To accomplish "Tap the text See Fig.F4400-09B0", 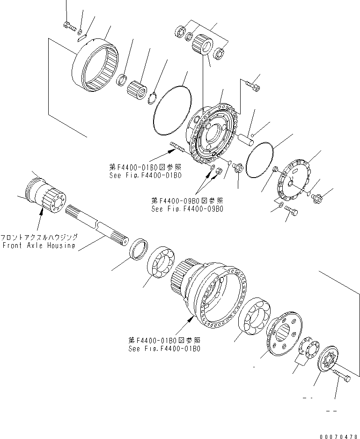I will click(x=187, y=209).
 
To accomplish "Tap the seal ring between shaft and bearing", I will click(x=139, y=248).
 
